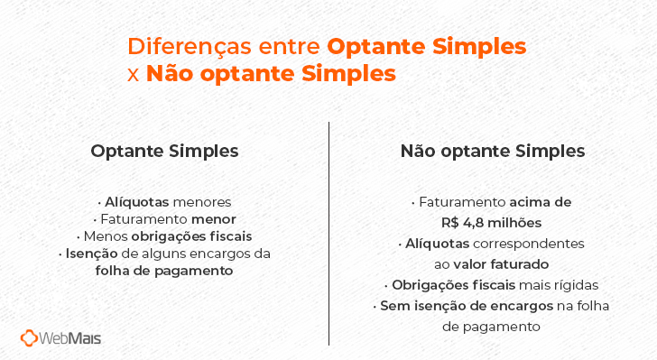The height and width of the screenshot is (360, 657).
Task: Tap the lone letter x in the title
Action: click(134, 74)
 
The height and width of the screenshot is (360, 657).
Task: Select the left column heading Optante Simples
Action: click(164, 152)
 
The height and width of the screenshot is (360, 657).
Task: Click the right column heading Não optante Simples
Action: click(493, 152)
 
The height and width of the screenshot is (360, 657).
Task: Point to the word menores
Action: click(204, 202)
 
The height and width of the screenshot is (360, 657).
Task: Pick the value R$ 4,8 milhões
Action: click(493, 222)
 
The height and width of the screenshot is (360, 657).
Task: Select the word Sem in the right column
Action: click(393, 306)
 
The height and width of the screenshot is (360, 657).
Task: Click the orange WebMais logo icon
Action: click(31, 338)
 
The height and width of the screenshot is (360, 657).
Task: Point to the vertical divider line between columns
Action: click(328, 235)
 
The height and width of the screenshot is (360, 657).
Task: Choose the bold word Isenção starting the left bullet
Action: click(90, 254)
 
